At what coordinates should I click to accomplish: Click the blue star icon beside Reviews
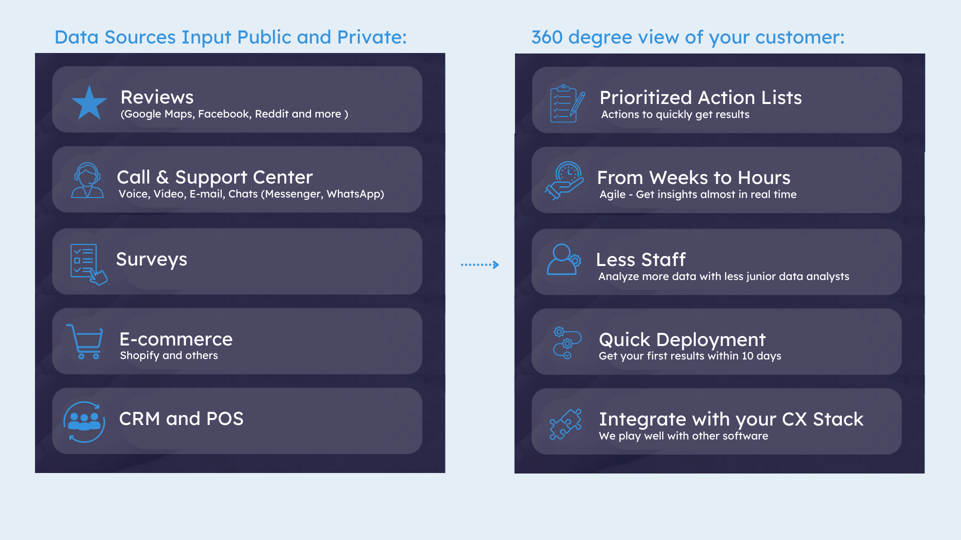pyautogui.click(x=89, y=103)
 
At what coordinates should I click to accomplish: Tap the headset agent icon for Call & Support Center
pyautogui.click(x=88, y=180)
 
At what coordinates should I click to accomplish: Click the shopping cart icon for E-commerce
pyautogui.click(x=85, y=341)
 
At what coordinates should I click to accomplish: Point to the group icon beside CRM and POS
pyautogui.click(x=84, y=422)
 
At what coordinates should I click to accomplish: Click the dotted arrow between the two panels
pyautogui.click(x=479, y=264)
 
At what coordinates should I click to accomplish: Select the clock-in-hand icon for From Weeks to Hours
pyautogui.click(x=564, y=180)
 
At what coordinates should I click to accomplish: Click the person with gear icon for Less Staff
pyautogui.click(x=564, y=259)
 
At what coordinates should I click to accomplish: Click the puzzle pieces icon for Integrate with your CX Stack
pyautogui.click(x=566, y=424)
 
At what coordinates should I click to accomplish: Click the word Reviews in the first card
pyautogui.click(x=157, y=97)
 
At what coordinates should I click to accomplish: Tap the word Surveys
pyautogui.click(x=152, y=259)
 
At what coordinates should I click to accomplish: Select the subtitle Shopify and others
pyautogui.click(x=169, y=355)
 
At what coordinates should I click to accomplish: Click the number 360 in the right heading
pyautogui.click(x=547, y=37)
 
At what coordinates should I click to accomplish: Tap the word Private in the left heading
pyautogui.click(x=372, y=37)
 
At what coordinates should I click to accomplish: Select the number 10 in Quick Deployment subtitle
pyautogui.click(x=748, y=356)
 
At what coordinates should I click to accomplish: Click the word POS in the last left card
pyautogui.click(x=225, y=419)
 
